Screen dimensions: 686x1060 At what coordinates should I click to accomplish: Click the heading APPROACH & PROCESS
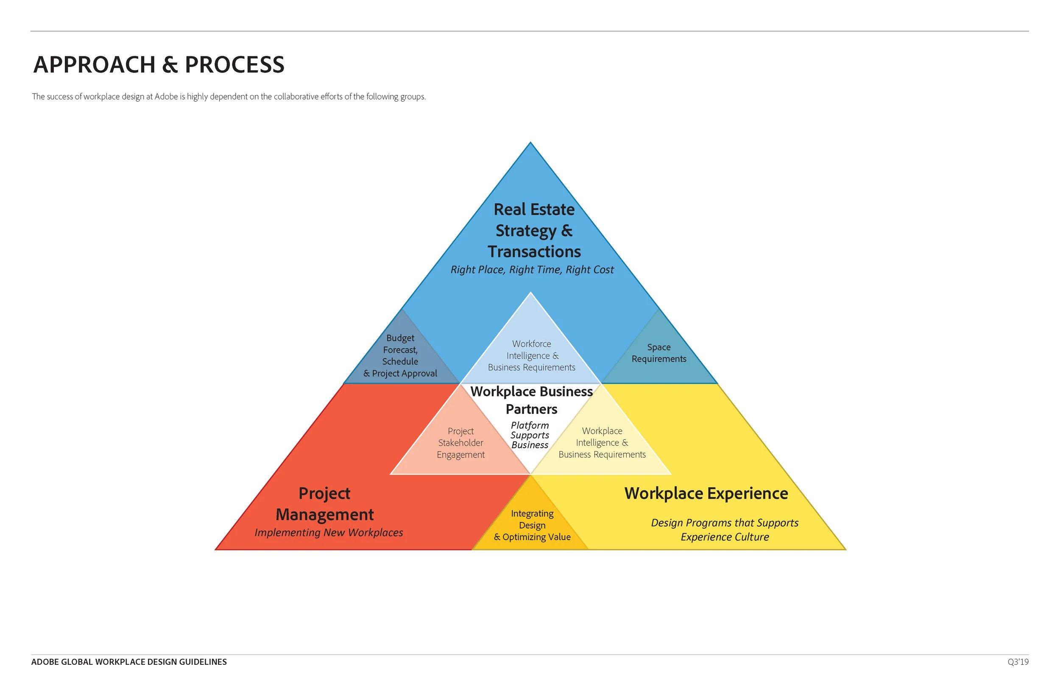[159, 64]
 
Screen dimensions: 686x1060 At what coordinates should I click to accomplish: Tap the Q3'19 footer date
[1018, 662]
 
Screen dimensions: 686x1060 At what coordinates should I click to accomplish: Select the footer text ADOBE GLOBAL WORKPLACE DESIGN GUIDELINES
[129, 662]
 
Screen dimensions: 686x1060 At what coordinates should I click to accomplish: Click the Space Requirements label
[659, 353]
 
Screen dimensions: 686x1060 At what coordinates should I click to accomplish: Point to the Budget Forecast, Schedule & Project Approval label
[400, 355]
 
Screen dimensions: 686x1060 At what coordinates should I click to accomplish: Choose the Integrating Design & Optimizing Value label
[532, 525]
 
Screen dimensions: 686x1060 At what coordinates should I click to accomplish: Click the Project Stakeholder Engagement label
[460, 443]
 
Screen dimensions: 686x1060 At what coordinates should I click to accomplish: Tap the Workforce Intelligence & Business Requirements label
[531, 355]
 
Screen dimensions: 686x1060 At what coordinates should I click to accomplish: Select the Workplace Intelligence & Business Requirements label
[602, 443]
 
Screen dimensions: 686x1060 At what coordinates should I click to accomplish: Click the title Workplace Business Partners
[531, 400]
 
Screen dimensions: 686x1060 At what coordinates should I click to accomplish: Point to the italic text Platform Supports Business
[530, 435]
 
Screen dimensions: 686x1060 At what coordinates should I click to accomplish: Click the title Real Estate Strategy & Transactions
[534, 230]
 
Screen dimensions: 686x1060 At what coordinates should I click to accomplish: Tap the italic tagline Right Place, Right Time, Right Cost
[532, 270]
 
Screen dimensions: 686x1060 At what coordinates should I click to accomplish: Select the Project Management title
[325, 504]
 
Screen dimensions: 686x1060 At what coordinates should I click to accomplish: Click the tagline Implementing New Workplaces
[329, 533]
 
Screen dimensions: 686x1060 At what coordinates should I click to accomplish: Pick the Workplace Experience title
[706, 494]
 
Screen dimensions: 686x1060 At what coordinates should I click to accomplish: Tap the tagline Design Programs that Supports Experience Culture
[725, 530]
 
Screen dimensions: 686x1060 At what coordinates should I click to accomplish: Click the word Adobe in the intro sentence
[166, 97]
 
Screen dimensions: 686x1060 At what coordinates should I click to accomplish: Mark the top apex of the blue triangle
[530, 143]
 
